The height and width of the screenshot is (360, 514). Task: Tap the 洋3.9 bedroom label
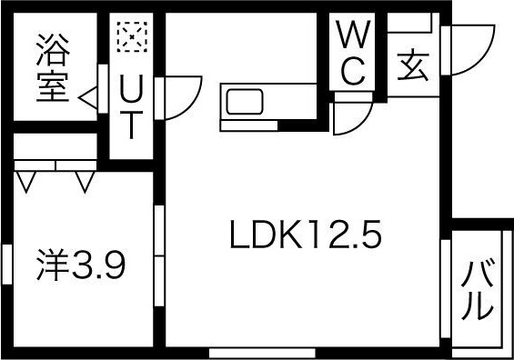(80, 266)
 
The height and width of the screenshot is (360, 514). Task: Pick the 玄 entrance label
(412, 67)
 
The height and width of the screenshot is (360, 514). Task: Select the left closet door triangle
(26, 183)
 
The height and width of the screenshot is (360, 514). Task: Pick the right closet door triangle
(86, 183)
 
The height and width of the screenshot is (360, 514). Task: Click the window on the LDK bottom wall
(262, 352)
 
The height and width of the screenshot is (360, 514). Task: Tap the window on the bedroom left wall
(6, 266)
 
